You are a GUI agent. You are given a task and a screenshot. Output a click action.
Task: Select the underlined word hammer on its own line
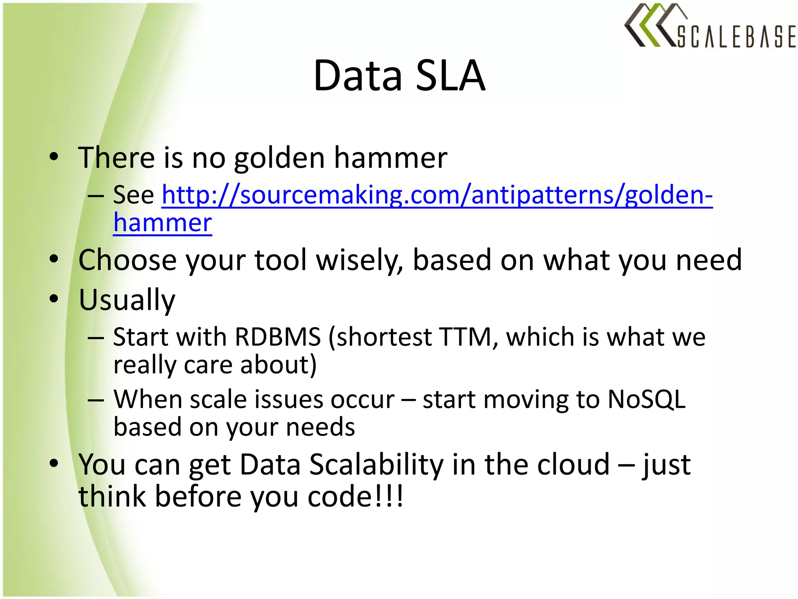pyautogui.click(x=162, y=223)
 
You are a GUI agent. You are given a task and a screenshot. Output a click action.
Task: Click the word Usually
pyautogui.click(x=127, y=299)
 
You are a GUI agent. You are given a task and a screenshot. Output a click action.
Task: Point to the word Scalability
pyautogui.click(x=376, y=464)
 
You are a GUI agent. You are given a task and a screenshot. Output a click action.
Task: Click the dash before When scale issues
pyautogui.click(x=95, y=400)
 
